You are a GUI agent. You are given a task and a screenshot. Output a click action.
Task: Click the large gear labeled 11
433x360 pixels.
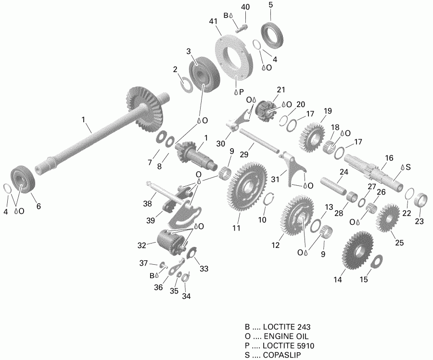point(248,188)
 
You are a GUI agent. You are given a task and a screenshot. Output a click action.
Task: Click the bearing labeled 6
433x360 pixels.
point(23,180)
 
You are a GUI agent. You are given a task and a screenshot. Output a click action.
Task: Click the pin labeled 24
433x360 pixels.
point(331,185)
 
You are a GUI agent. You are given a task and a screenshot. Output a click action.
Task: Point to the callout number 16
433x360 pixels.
point(389,157)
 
